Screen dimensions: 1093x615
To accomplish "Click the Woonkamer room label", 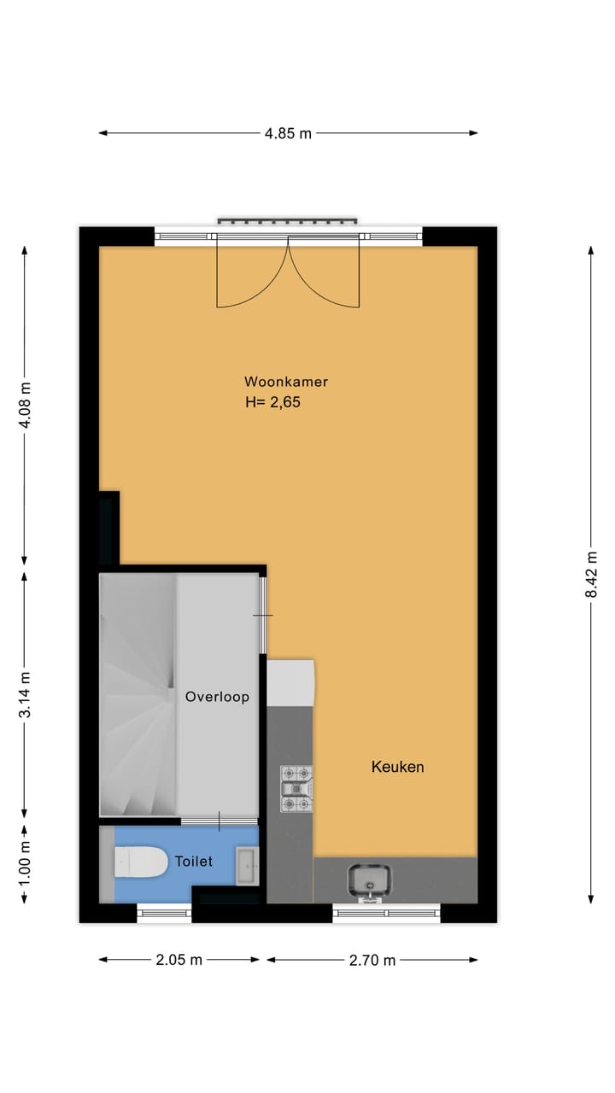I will [x=286, y=382].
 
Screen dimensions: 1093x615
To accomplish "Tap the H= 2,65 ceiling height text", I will [x=272, y=401].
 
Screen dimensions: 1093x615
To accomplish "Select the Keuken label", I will [x=397, y=767].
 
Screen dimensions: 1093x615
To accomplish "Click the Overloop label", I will [x=217, y=697].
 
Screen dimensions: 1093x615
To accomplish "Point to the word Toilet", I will [x=193, y=862].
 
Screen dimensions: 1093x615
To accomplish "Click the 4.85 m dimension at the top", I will [x=288, y=133].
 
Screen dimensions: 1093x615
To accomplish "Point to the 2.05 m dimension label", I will [x=179, y=960].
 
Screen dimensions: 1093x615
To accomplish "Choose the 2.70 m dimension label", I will [x=372, y=960].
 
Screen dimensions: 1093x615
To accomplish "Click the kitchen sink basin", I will [x=370, y=879].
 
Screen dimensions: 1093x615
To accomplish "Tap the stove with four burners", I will [x=296, y=788].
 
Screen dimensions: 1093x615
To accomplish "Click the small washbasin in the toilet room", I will [x=247, y=866].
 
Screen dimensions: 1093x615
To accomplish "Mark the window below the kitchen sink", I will [x=386, y=913].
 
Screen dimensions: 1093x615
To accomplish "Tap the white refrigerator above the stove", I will [x=290, y=681].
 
